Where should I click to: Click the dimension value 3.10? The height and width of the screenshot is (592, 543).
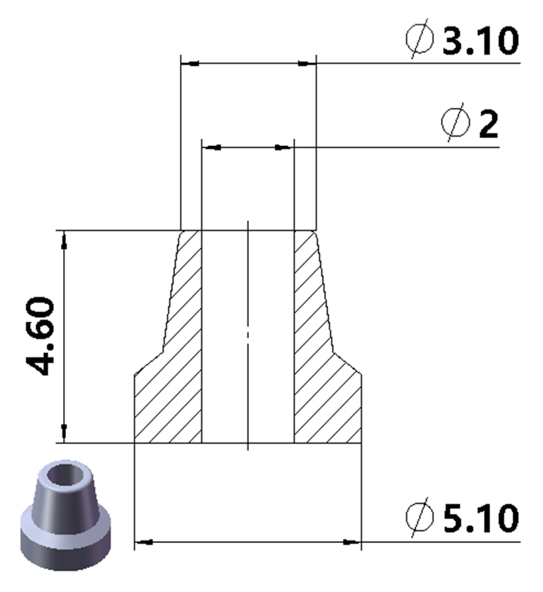click(481, 40)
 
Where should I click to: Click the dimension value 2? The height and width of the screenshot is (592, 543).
click(489, 125)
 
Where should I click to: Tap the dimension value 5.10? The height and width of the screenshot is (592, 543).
click(481, 518)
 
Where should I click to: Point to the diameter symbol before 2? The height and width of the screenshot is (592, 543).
click(455, 124)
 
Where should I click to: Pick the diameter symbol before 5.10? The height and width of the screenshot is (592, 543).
click(420, 518)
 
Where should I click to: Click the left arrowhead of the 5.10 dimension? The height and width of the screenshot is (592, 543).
click(144, 542)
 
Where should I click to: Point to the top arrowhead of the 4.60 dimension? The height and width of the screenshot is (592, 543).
click(65, 240)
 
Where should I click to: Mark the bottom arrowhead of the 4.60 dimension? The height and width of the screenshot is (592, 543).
click(65, 432)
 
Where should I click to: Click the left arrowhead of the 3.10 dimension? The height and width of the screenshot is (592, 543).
click(190, 64)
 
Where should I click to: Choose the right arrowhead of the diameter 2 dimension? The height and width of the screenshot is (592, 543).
click(284, 147)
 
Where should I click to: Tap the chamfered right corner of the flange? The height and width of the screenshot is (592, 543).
click(354, 364)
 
